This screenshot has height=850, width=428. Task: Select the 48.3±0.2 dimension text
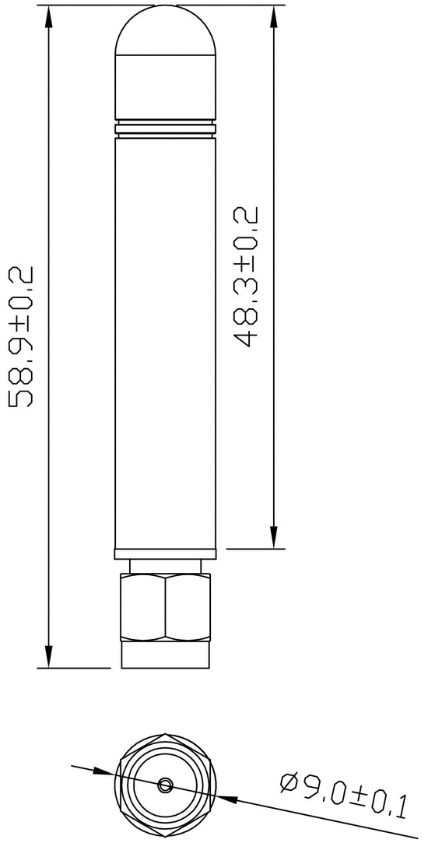click(247, 276)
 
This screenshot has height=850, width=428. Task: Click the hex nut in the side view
click(165, 607)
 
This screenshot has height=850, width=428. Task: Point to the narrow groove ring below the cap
click(165, 127)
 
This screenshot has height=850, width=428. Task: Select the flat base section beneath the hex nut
click(165, 655)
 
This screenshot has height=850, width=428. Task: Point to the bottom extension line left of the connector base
click(74, 668)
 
